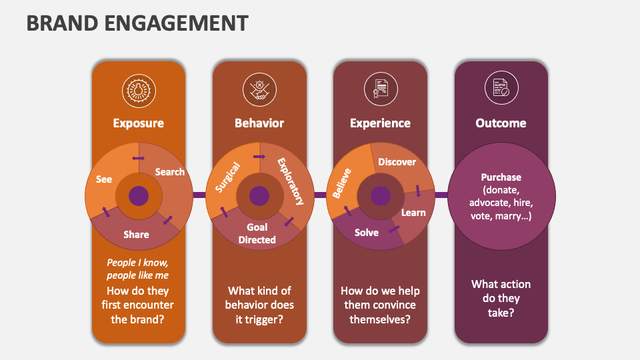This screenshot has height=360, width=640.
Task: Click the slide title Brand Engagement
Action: point(137,23)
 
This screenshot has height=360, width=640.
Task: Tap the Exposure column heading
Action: point(138,123)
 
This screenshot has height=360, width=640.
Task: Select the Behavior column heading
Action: point(259,123)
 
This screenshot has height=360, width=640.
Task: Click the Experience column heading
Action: point(380,123)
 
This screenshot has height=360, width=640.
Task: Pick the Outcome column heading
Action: point(501,123)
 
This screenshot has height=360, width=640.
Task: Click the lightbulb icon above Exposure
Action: point(138,90)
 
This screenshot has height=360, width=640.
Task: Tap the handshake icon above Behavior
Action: point(259,90)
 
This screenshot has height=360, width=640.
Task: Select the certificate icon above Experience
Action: point(380,89)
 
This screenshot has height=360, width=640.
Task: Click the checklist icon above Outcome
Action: point(501,89)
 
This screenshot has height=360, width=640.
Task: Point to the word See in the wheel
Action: point(104,179)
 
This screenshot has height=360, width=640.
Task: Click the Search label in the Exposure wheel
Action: point(169,172)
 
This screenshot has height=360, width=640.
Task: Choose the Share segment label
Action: point(136,234)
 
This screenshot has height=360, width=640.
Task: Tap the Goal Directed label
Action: point(257,233)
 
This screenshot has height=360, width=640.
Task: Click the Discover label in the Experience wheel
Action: point(397,162)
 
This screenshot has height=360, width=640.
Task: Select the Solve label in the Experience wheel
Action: point(366,233)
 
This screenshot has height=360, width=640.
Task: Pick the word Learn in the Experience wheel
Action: point(413,213)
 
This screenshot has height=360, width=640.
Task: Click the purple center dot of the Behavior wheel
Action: point(259,196)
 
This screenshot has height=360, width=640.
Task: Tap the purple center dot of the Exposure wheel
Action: point(139,196)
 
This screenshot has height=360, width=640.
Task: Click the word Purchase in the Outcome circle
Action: point(501,177)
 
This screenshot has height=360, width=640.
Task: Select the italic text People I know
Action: point(137,262)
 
